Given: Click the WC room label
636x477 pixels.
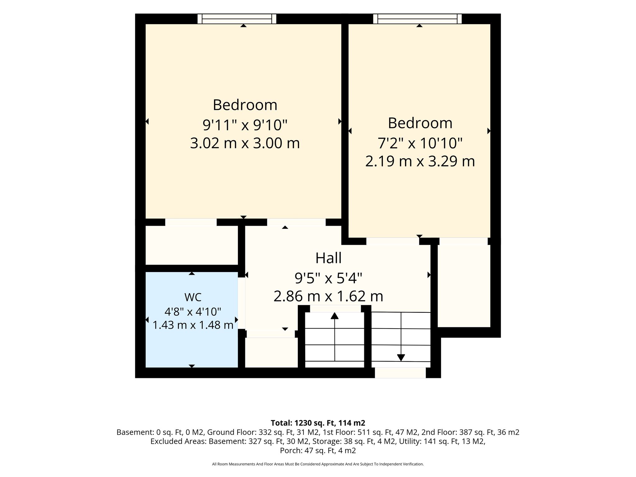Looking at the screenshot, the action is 193,297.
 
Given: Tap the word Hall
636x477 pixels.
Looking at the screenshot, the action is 329,258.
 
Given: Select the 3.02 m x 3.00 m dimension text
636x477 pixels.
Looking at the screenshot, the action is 245,143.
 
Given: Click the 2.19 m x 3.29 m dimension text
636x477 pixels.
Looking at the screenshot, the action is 420,161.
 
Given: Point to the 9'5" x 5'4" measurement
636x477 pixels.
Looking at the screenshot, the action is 329,278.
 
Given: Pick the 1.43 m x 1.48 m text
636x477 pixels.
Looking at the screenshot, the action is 193,325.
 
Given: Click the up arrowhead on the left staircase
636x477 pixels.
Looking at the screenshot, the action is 334,316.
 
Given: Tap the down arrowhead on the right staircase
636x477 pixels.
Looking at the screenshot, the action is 401,358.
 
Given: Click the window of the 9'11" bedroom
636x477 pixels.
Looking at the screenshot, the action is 237,19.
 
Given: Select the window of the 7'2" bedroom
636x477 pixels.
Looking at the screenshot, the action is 417,19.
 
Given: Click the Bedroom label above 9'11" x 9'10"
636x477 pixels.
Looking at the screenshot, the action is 245,105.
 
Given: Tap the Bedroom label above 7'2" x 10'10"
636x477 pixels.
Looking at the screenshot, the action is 420,123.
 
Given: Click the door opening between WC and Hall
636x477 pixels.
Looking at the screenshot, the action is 242,303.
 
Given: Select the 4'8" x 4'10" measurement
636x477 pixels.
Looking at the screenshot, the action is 193,311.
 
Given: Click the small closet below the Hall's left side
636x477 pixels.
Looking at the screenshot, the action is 271,352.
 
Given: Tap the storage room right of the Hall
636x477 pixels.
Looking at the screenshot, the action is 464,286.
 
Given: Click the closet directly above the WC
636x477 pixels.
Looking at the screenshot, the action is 192,245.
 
